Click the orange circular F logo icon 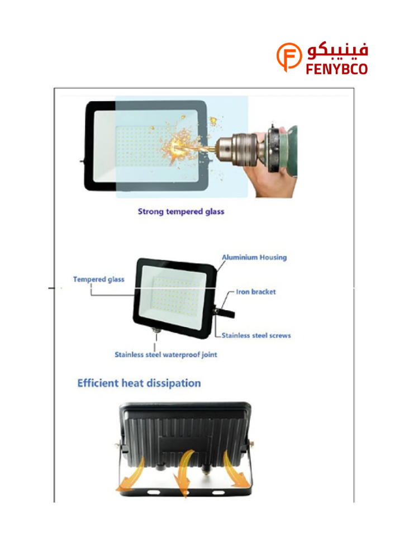click(289, 56)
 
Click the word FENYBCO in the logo click(337, 69)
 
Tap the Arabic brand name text click(337, 51)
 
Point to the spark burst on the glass click(180, 145)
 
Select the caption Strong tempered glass click(181, 211)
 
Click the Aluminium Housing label click(254, 257)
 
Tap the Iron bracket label click(256, 292)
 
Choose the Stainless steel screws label click(256, 335)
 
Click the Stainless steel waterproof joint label click(165, 355)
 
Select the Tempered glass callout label click(99, 279)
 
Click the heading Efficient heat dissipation click(139, 383)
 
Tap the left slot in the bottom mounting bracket click(154, 492)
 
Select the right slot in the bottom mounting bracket click(218, 492)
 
